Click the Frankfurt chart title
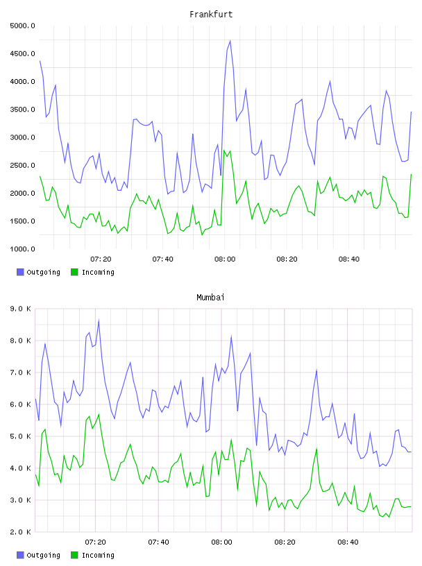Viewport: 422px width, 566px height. (211, 15)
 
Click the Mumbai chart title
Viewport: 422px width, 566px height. (210, 298)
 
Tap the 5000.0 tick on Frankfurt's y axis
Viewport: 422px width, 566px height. (22, 26)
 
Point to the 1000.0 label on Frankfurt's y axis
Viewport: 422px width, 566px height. (22, 249)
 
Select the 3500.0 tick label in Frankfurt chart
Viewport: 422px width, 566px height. (22, 110)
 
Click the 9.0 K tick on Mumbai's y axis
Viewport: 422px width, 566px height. (20, 309)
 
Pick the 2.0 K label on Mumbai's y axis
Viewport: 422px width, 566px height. (20, 532)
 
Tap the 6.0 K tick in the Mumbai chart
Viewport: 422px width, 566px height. (20, 404)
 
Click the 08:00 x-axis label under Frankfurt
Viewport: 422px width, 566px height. (225, 259)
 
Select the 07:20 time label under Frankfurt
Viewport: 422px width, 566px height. (101, 259)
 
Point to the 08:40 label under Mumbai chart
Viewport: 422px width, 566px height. (348, 542)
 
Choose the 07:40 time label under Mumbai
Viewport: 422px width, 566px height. (159, 542)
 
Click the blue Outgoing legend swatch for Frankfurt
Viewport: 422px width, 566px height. (20, 272)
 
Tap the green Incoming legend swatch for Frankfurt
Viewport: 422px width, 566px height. (74, 272)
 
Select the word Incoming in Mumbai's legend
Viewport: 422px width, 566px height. (98, 555)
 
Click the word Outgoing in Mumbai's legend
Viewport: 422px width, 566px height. (43, 555)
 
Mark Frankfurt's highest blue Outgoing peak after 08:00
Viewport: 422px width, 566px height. (230, 41)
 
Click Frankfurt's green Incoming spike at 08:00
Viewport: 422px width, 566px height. (224, 151)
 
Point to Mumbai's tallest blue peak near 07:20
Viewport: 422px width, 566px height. (99, 320)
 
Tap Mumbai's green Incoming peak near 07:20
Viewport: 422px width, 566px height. (99, 414)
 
